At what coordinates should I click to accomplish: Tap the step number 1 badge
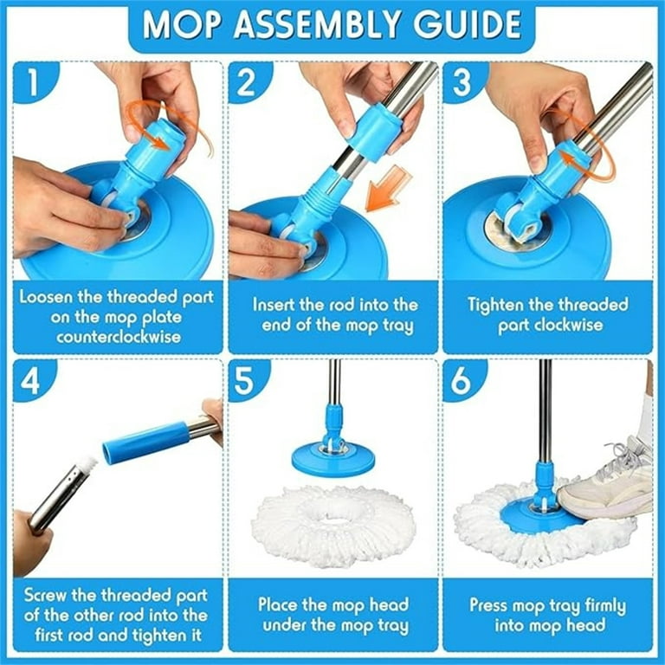tap(33, 81)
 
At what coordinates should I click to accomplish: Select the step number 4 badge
tap(32, 379)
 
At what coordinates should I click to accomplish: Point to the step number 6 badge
tap(462, 379)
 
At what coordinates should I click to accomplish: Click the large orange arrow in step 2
tap(388, 189)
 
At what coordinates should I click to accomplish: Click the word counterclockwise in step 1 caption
tap(119, 338)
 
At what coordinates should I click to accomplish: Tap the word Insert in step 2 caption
tap(274, 305)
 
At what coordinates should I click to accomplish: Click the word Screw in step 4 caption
tap(45, 596)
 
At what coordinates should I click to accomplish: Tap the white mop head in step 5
tap(333, 526)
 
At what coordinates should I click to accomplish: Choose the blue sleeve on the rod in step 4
tap(146, 442)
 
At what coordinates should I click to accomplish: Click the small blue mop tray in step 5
tap(333, 457)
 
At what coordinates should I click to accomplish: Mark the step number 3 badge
tap(462, 81)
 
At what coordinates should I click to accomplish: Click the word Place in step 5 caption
tap(280, 605)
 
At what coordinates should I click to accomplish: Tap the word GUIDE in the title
tap(468, 24)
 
